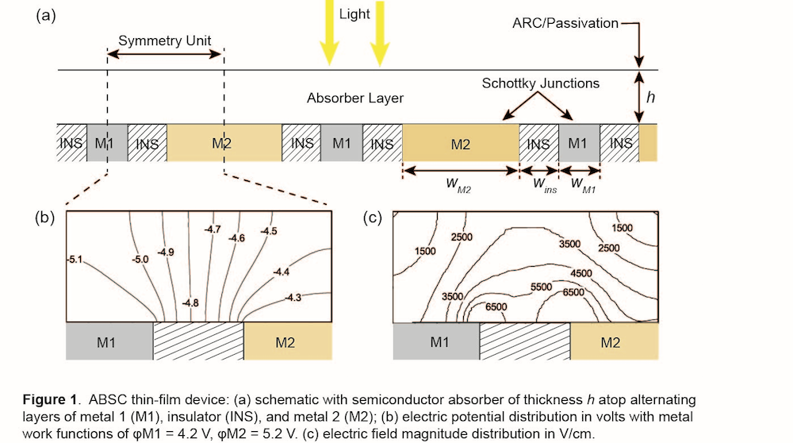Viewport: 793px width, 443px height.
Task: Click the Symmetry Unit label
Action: (165, 40)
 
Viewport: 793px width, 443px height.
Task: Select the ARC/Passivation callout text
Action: (565, 23)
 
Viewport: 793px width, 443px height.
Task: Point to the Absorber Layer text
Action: (355, 98)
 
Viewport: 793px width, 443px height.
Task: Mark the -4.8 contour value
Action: (190, 302)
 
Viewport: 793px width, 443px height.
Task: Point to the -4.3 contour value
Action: (293, 297)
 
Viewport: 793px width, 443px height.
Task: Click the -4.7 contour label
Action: (213, 229)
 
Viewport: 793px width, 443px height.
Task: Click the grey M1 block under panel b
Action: (109, 342)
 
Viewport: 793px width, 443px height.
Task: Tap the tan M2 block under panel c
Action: (615, 342)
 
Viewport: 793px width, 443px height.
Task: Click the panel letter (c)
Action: (374, 217)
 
